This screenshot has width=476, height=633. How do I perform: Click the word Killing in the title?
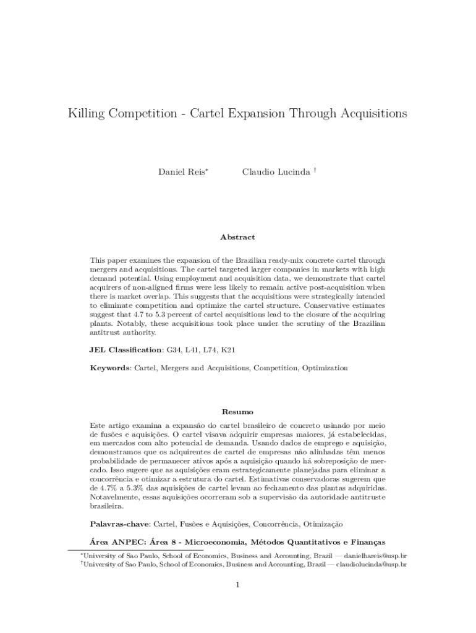(89, 114)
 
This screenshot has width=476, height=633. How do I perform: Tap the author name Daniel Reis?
(182, 171)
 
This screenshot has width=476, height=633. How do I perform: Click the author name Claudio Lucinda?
(275, 171)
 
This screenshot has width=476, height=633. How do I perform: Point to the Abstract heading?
(237, 237)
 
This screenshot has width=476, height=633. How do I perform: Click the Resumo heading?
(237, 412)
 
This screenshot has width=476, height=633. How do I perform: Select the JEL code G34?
(175, 350)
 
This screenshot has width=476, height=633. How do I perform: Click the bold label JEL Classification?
(126, 350)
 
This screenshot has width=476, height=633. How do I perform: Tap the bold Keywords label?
(109, 368)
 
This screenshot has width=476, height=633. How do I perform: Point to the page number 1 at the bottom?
(237, 585)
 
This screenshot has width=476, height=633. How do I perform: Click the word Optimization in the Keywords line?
(325, 368)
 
